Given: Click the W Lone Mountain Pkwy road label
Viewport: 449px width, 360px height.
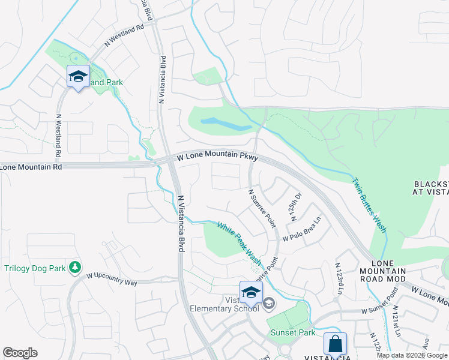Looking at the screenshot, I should [217, 156].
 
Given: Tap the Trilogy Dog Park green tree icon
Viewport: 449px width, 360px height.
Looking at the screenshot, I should [75, 266].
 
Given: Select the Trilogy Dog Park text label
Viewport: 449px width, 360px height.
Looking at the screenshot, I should [34, 268].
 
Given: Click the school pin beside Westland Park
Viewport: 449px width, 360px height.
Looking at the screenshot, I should [78, 76].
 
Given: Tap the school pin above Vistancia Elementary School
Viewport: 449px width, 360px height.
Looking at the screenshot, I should [251, 293].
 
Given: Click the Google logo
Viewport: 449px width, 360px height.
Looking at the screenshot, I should [20, 353].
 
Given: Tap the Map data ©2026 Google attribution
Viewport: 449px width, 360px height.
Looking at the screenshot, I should [412, 355].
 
